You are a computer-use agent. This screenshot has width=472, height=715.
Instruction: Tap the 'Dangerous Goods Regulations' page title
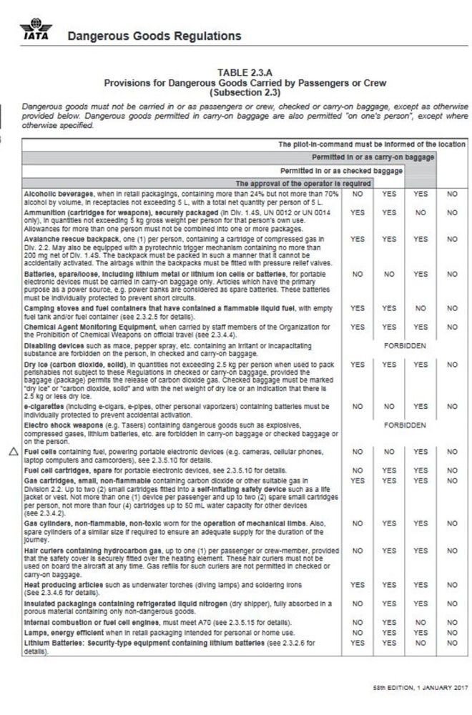coord(154,36)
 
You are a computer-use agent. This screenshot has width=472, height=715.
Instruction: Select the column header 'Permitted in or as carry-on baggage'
coord(373,156)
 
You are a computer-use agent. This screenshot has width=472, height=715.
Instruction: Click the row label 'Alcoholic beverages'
coord(58,193)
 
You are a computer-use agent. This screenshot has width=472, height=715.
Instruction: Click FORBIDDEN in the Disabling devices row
coord(404,345)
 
